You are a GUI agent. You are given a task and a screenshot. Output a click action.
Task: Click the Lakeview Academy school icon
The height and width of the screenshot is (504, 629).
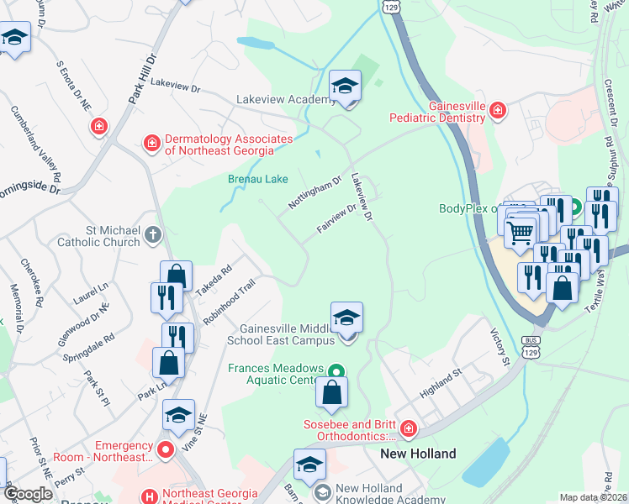345,87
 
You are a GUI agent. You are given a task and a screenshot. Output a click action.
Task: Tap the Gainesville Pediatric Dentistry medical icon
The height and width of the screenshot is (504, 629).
498,110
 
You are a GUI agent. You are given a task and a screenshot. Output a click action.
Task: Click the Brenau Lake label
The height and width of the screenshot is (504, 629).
258,179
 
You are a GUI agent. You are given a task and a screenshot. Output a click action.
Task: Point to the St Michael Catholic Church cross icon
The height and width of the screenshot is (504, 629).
152,234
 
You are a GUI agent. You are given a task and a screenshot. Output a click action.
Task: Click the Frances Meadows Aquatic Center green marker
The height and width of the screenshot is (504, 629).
336,370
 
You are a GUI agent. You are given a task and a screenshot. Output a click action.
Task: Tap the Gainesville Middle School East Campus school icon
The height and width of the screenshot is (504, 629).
346,319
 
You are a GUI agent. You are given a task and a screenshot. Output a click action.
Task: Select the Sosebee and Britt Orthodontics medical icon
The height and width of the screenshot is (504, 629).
409,429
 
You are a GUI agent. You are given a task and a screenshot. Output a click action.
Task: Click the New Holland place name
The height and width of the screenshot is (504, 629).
418,454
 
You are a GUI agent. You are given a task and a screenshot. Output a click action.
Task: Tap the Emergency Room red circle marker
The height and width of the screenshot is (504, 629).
166,449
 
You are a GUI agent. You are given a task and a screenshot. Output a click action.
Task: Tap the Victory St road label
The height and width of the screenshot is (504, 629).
501,348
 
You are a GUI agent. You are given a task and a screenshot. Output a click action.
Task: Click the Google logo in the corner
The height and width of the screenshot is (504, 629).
27,495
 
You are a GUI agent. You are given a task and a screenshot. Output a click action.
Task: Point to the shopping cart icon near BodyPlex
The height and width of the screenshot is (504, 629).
521,231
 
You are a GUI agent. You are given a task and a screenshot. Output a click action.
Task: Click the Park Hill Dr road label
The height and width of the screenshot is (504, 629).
144,81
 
